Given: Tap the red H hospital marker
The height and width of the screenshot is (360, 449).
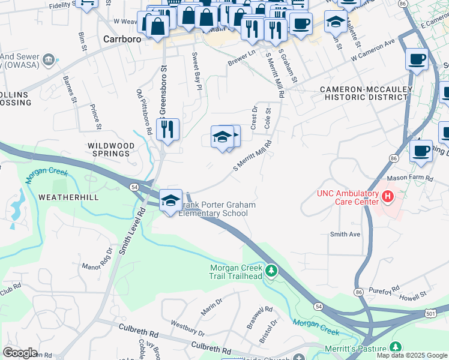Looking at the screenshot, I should pos(388,196).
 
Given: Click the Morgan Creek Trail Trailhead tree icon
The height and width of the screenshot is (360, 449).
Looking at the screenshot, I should pos(271,272).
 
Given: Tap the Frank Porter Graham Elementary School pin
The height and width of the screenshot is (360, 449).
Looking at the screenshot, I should pos(170,200).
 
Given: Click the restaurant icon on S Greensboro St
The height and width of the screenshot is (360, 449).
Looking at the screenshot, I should pos(167,129).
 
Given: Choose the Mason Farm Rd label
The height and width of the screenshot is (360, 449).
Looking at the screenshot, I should pos(411,178).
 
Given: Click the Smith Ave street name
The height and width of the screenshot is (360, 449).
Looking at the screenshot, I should pos(345,234).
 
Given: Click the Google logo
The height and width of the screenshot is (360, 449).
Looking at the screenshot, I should pos(20,353).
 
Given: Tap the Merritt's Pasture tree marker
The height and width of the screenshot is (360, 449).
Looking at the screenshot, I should pos(395,347).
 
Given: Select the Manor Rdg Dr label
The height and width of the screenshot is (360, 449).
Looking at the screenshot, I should pos(97,259).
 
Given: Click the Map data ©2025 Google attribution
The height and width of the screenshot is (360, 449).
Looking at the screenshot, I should pos(412,355).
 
